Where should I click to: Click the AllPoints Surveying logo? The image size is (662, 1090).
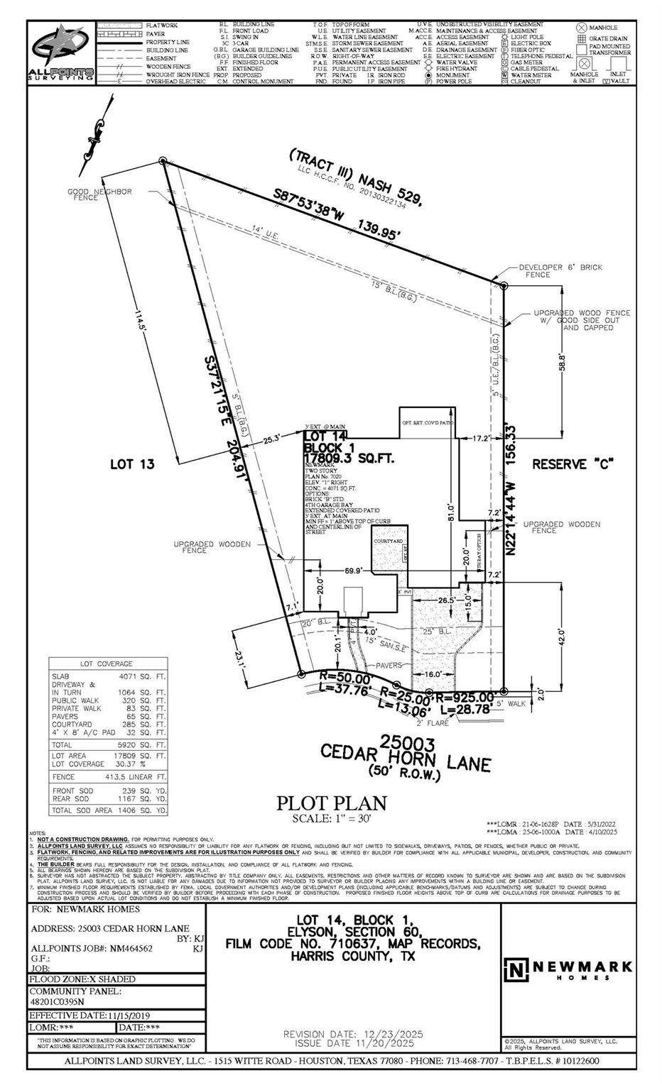click(61, 54)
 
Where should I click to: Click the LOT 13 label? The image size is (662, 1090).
click(132, 464)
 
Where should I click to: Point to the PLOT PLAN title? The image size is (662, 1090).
click(332, 803)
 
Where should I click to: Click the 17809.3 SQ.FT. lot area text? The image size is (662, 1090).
click(349, 460)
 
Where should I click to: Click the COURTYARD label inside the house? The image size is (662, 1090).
click(388, 541)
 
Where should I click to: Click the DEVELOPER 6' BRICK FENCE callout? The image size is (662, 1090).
click(560, 270)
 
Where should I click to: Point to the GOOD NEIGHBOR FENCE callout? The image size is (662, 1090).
click(99, 194)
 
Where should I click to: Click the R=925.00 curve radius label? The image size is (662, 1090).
click(467, 697)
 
